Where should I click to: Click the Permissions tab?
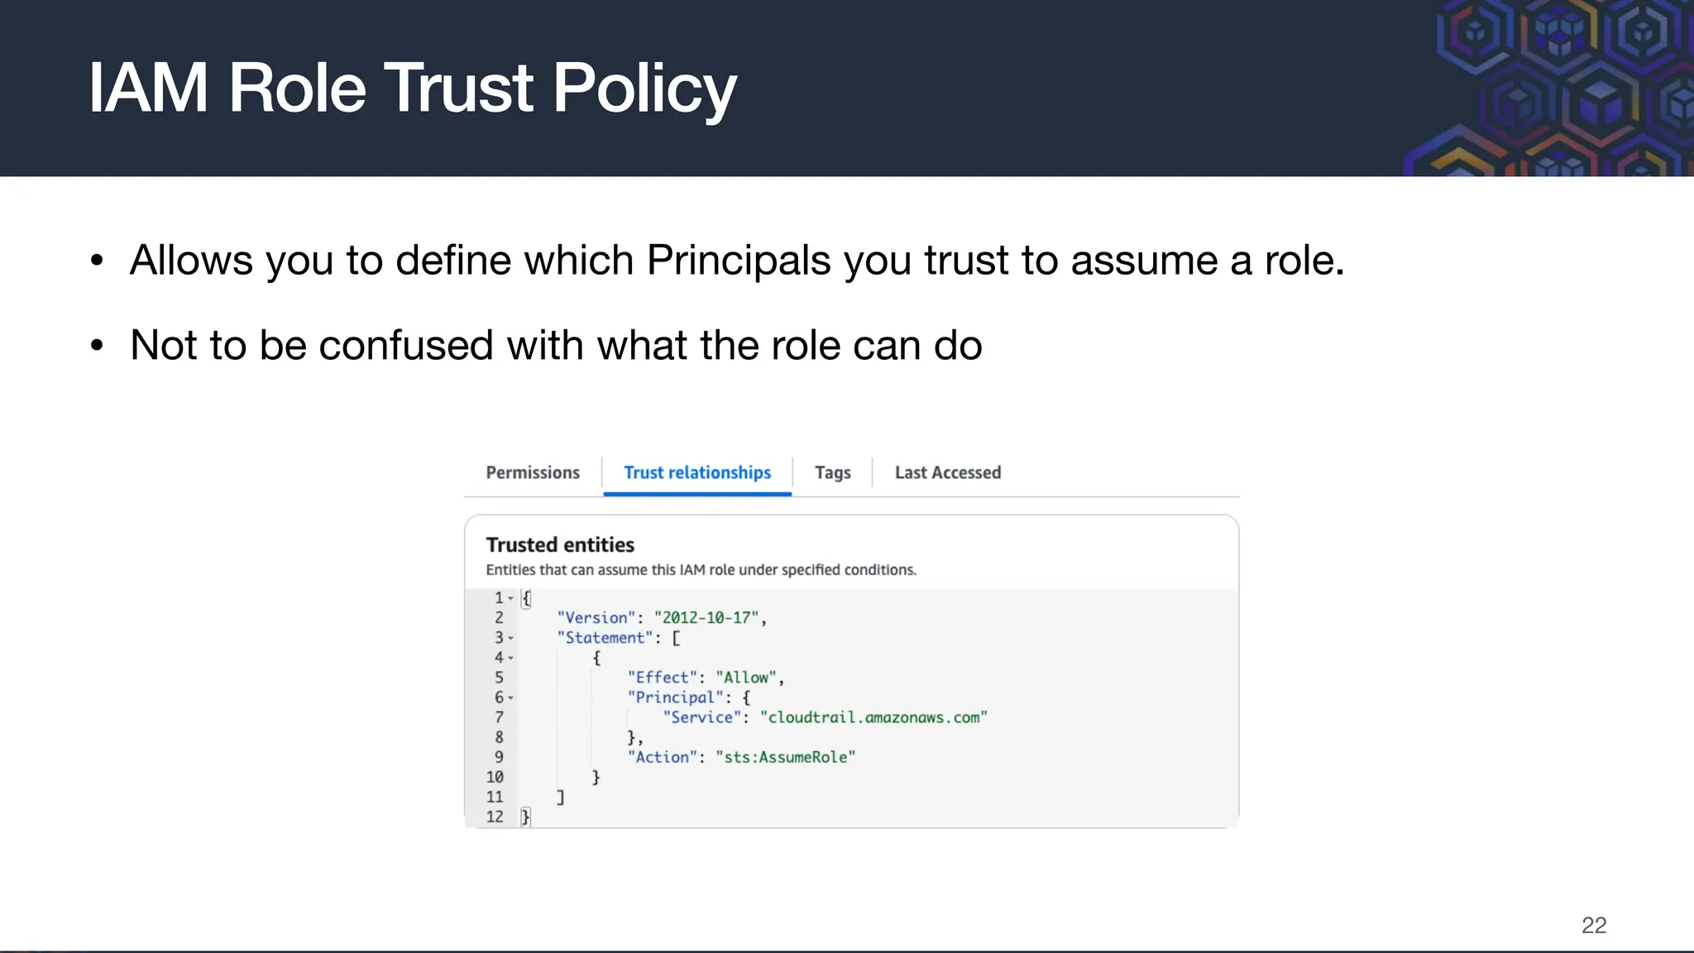coord(533,472)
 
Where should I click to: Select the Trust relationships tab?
coord(697,472)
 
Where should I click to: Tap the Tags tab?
coord(832,472)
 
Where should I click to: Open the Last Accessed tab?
coord(947,472)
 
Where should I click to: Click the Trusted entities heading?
coord(560,545)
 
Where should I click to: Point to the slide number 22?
coord(1593,925)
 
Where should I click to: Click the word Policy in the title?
coord(644,89)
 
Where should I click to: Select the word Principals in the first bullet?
coord(738,261)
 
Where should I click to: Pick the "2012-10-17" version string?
coord(706,618)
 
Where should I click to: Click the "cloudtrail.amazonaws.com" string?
coord(873,717)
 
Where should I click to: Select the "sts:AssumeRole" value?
coord(786,757)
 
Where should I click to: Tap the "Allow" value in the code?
coord(746,678)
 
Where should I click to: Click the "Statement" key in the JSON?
coord(605,638)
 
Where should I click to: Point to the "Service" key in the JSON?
coord(701,717)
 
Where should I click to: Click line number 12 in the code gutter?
coord(495,817)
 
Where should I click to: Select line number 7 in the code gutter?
coord(499,717)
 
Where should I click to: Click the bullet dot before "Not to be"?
coord(98,345)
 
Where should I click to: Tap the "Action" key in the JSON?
coord(662,757)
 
